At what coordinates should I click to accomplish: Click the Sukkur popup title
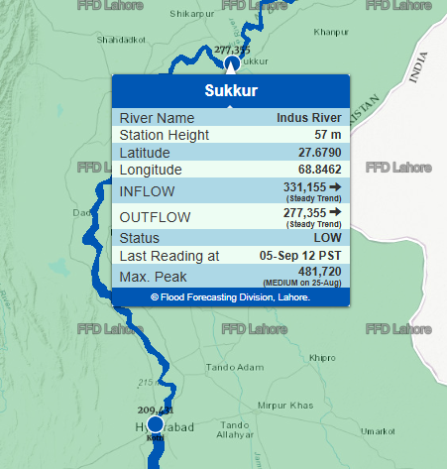click(231, 91)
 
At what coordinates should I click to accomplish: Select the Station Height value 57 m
click(327, 135)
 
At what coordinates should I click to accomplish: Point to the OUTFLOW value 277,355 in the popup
click(304, 212)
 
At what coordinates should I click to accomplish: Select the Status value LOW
click(328, 238)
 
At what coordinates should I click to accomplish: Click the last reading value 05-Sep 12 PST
click(300, 256)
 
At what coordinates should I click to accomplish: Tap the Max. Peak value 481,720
click(319, 271)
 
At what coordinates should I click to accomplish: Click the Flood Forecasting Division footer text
click(231, 296)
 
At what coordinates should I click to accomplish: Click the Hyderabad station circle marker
click(155, 424)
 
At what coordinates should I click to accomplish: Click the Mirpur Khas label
click(284, 406)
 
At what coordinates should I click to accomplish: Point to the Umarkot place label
click(378, 431)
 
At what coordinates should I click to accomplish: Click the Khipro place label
click(322, 357)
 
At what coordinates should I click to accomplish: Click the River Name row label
click(157, 118)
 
